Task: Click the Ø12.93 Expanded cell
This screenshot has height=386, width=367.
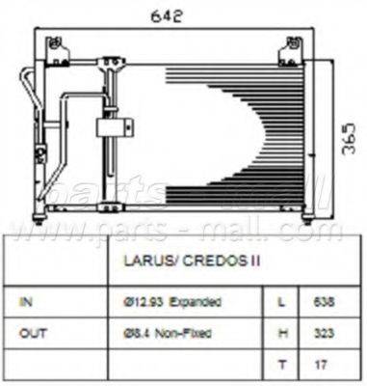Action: [x=174, y=302]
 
